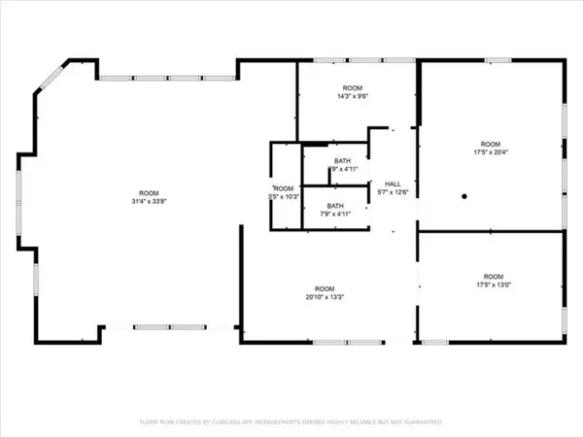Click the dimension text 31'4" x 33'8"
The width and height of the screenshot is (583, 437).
pyautogui.click(x=149, y=202)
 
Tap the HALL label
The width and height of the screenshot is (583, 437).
pyautogui.click(x=393, y=184)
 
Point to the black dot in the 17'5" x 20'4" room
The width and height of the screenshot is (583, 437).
pyautogui.click(x=465, y=197)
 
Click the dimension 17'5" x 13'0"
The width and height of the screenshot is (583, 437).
pyautogui.click(x=493, y=286)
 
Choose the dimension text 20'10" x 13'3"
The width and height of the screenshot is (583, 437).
pyautogui.click(x=324, y=296)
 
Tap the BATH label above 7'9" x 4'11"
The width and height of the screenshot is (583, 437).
pyautogui.click(x=334, y=206)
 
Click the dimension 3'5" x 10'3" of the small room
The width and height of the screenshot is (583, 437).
pyautogui.click(x=283, y=197)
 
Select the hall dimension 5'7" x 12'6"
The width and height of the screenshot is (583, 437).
pyautogui.click(x=393, y=192)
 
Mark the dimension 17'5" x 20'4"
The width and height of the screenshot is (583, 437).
pyautogui.click(x=492, y=151)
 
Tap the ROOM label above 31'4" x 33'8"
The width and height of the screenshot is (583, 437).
pyautogui.click(x=149, y=192)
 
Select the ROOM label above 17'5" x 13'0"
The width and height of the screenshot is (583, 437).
pyautogui.click(x=493, y=276)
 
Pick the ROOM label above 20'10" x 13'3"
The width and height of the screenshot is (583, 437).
pyautogui.click(x=324, y=287)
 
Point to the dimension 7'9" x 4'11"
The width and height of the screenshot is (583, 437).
pyautogui.click(x=334, y=215)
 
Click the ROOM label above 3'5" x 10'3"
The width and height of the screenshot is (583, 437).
pyautogui.click(x=283, y=188)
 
